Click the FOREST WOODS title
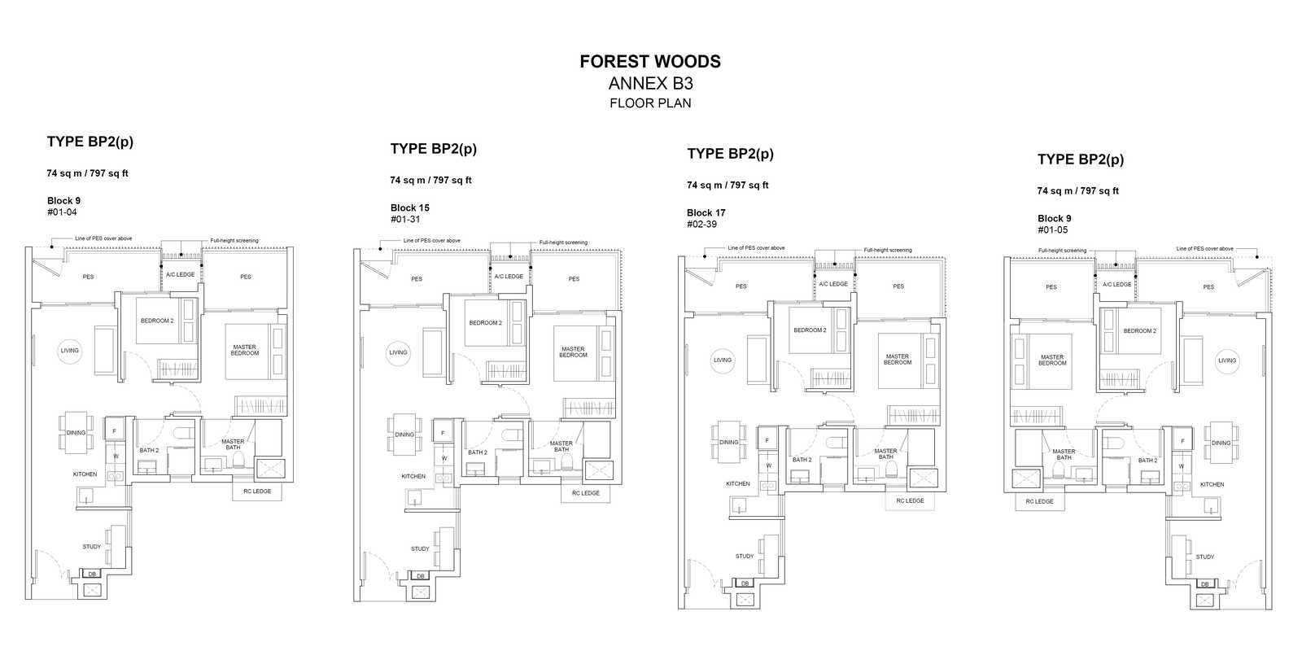(650, 62)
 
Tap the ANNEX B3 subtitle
(650, 84)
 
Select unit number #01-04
(62, 212)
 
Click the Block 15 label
(410, 207)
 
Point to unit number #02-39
(701, 225)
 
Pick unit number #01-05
(1053, 229)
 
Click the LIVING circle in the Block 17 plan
(723, 360)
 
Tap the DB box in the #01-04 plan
(92, 574)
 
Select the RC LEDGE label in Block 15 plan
(585, 493)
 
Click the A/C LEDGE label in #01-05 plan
(1116, 284)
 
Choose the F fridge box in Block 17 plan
(767, 440)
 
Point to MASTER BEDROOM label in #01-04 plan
(245, 350)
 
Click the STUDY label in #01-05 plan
(1205, 557)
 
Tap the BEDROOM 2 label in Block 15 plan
(485, 323)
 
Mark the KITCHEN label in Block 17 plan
(737, 483)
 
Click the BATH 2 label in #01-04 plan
(149, 450)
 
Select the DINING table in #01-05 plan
(1221, 443)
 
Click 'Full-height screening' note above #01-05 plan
(1063, 251)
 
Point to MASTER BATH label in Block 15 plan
(561, 447)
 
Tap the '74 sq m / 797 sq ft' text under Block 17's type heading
(727, 185)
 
